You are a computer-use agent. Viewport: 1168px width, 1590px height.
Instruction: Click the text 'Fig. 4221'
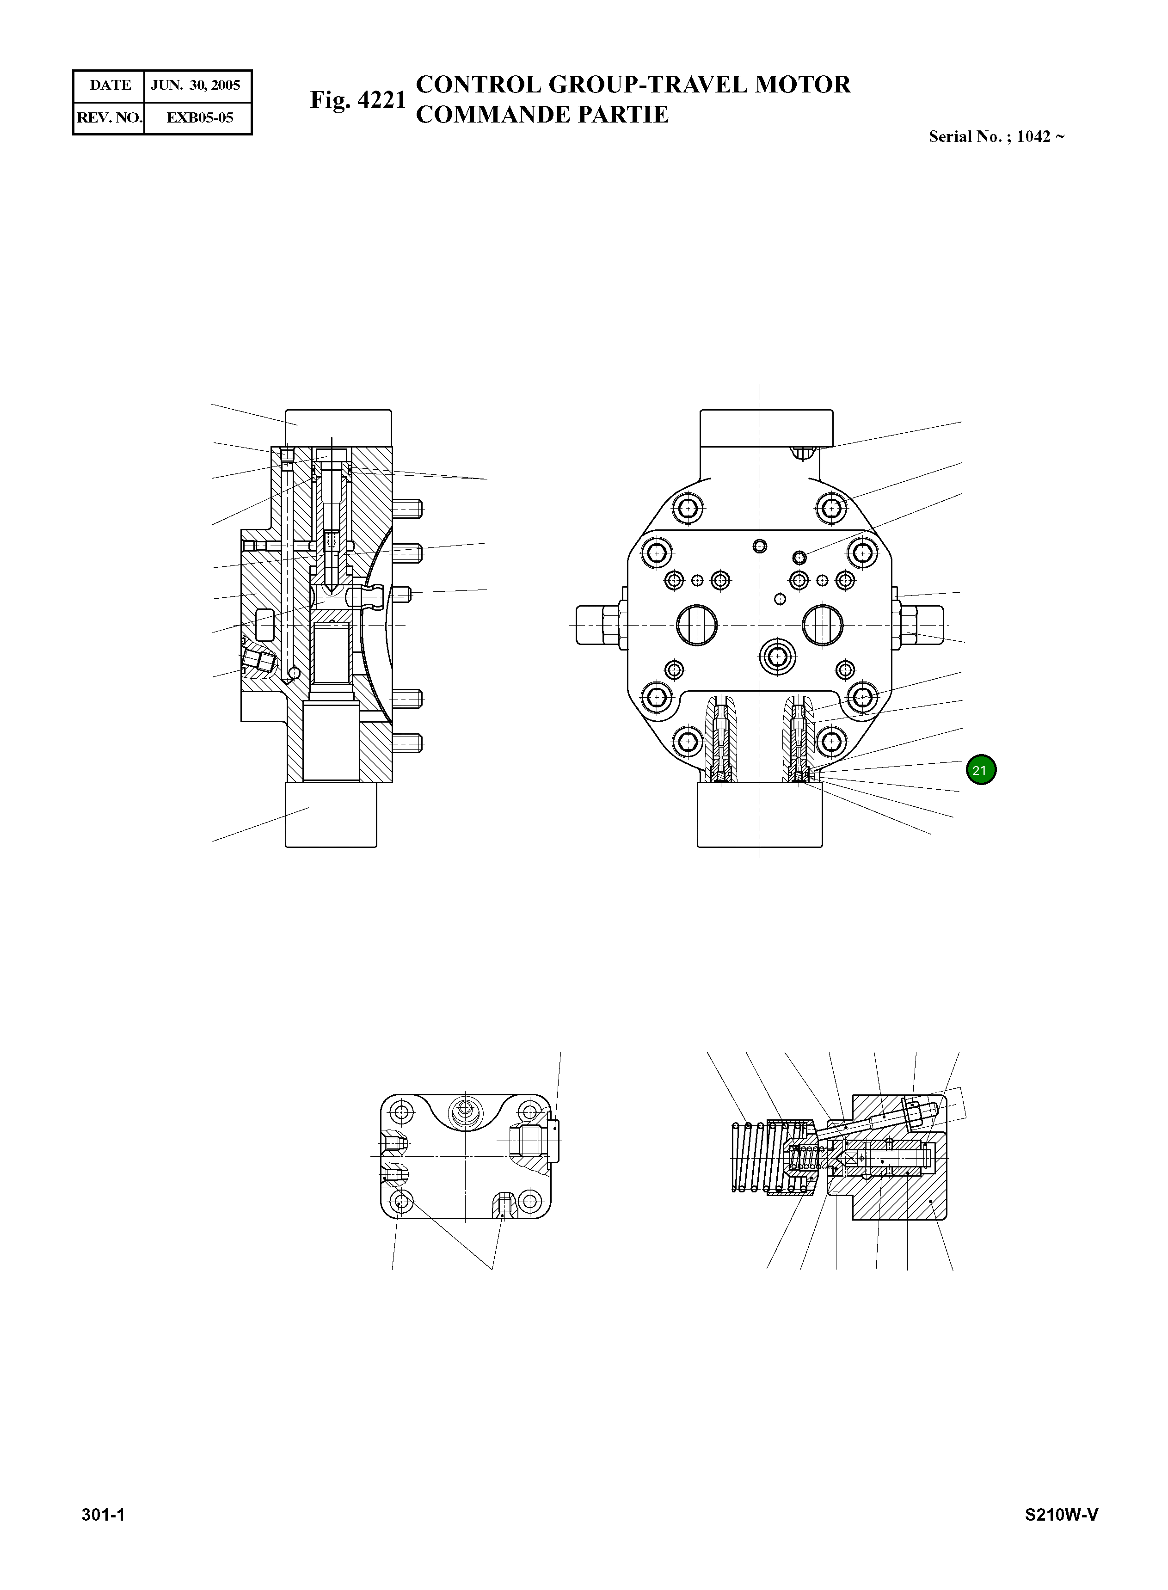point(358,100)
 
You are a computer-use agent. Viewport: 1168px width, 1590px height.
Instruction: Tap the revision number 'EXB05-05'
point(199,117)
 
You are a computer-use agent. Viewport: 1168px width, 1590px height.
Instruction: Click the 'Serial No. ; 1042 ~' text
point(996,137)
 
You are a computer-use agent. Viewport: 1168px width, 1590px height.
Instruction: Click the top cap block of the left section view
point(338,427)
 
